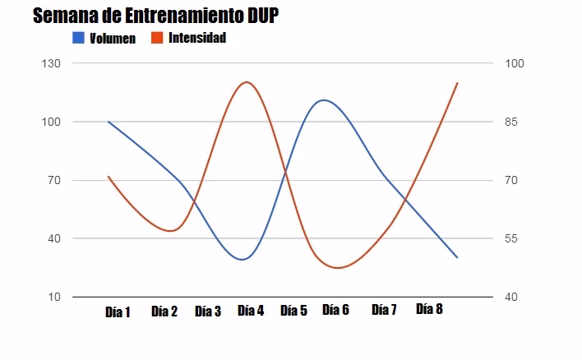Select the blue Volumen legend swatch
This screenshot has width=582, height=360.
tap(79, 38)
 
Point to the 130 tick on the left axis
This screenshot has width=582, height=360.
tap(52, 63)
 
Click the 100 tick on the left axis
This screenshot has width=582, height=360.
tap(52, 122)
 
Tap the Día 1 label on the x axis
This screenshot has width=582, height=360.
tap(118, 312)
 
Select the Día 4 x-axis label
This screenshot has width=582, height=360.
tap(251, 310)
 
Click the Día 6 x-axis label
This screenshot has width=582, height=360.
tap(335, 310)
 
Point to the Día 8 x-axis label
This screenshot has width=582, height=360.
tap(429, 309)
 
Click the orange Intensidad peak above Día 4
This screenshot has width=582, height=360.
tap(247, 82)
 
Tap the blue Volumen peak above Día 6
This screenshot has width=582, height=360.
tap(324, 100)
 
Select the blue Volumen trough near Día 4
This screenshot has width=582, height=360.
tap(242, 259)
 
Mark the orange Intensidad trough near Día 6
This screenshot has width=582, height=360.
tap(337, 268)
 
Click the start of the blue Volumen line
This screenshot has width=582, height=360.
tap(109, 122)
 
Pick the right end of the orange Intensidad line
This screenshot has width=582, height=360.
tap(457, 82)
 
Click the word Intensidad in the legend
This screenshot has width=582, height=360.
tap(197, 38)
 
